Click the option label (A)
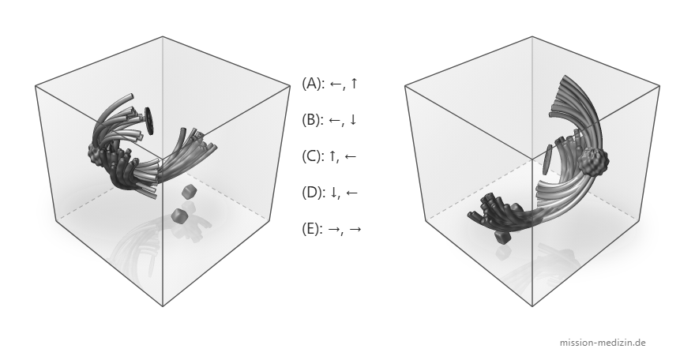(x=313, y=84)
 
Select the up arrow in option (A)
(x=353, y=83)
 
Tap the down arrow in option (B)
(x=353, y=120)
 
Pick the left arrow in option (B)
(x=335, y=120)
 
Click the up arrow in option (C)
(x=332, y=156)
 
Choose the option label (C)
(x=313, y=156)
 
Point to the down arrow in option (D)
(x=332, y=193)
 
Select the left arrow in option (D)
(x=351, y=193)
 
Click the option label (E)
(x=313, y=229)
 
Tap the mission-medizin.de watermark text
(x=603, y=343)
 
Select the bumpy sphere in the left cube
(x=96, y=156)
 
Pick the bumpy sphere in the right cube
(x=592, y=162)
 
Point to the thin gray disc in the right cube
(x=547, y=159)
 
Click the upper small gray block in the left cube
(x=189, y=192)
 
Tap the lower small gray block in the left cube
(x=180, y=216)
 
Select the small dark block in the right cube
(x=503, y=238)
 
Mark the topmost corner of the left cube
(x=163, y=37)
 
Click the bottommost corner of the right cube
(x=532, y=306)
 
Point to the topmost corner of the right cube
(x=532, y=37)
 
